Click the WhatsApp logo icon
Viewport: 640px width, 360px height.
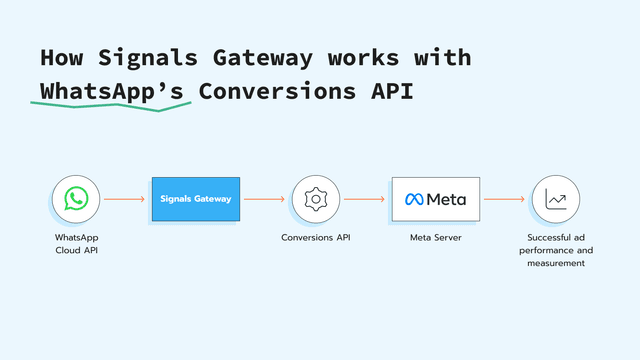[76, 199]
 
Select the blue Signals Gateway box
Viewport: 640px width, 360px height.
[196, 199]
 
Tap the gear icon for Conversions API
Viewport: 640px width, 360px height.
[316, 199]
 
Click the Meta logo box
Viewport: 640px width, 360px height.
[435, 199]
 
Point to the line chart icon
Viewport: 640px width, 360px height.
[556, 199]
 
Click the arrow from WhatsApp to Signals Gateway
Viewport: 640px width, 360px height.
[124, 199]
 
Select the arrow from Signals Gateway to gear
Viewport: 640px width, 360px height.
[264, 199]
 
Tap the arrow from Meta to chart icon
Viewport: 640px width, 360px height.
[504, 199]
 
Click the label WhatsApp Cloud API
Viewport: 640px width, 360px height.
[76, 243]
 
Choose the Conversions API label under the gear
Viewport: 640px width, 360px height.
[316, 238]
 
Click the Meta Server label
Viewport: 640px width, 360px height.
[435, 238]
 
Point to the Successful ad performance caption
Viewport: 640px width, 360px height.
[556, 250]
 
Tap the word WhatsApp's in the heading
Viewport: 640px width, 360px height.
[111, 90]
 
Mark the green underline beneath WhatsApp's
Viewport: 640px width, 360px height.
[111, 106]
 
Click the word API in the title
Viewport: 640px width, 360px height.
[388, 90]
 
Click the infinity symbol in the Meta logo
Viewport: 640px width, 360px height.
[414, 199]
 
